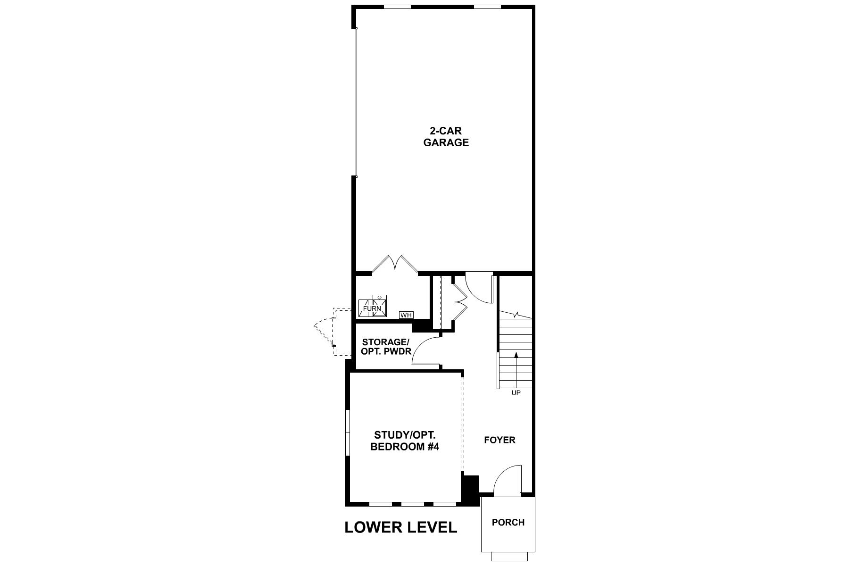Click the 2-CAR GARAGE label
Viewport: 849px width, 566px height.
click(x=446, y=137)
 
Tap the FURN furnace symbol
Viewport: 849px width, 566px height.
click(x=372, y=307)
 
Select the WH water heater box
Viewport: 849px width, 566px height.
click(x=406, y=315)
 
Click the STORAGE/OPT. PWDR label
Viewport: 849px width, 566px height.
click(x=386, y=347)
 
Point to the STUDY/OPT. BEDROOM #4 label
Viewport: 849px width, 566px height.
click(x=405, y=441)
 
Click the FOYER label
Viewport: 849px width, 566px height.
click(x=499, y=440)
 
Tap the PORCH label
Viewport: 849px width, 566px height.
click(x=508, y=523)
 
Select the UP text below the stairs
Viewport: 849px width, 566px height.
click(x=516, y=393)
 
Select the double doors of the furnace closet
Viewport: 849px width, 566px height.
click(x=395, y=264)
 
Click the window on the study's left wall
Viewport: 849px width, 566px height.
click(x=347, y=433)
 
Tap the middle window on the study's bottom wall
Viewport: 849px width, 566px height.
click(x=413, y=504)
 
